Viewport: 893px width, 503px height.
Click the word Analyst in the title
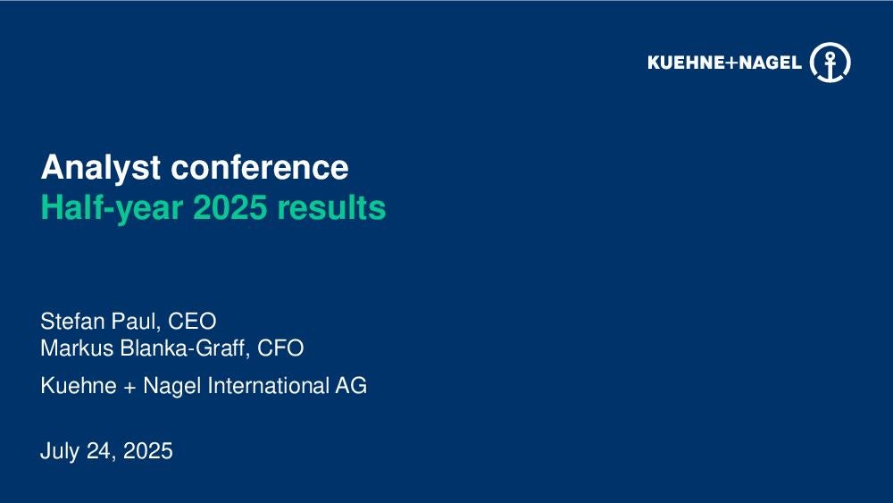pos(100,168)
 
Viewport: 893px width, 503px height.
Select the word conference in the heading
pos(260,167)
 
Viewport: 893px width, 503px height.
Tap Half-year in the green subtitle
pos(112,208)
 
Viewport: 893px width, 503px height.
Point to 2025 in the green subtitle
pos(230,207)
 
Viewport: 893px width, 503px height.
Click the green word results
pos(331,207)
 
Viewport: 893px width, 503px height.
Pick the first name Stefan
pos(72,322)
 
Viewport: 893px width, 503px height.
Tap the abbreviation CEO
pos(192,322)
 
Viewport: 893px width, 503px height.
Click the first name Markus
pos(77,348)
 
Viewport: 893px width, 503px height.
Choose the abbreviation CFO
pos(280,348)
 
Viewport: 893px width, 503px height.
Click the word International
pos(268,386)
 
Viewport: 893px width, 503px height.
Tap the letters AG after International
pos(351,386)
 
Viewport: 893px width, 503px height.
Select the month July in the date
pos(60,451)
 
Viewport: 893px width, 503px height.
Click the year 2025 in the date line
pos(147,451)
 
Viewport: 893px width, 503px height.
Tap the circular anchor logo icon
pos(830,62)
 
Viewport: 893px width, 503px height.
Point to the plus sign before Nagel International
pos(129,387)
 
